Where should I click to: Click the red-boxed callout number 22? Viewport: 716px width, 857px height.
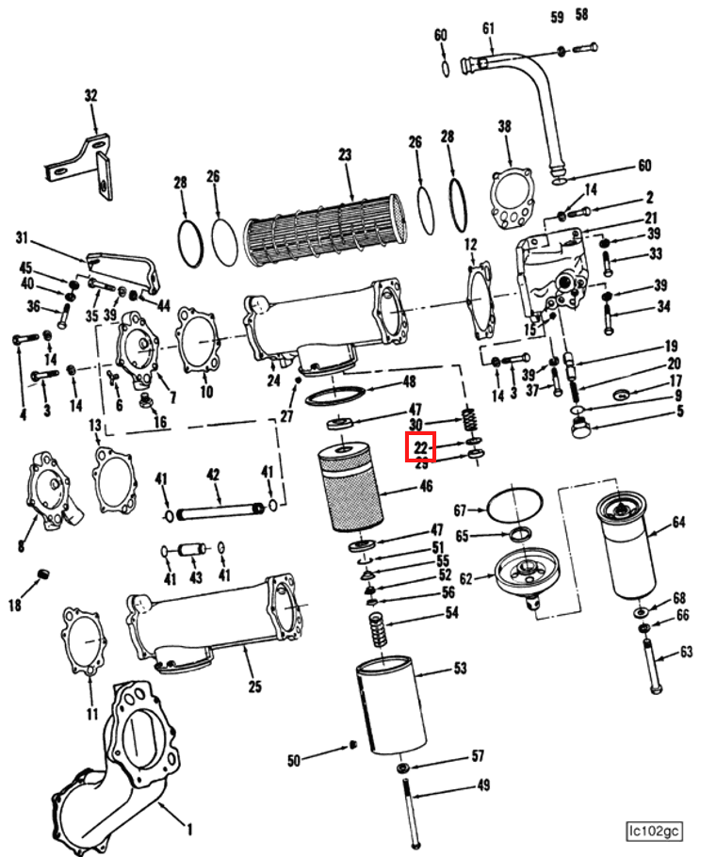coord(420,447)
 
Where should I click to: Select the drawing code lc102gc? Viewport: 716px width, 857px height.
coord(654,830)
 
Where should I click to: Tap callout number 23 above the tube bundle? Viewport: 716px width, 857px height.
coord(345,154)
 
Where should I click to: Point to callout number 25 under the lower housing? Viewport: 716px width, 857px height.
coord(254,686)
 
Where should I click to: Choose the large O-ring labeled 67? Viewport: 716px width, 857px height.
coord(513,506)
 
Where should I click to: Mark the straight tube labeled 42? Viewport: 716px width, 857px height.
coord(218,515)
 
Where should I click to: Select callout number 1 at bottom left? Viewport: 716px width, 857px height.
coord(189,829)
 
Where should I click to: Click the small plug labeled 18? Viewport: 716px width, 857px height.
coord(42,575)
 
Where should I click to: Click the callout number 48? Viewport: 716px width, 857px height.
coord(408,381)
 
